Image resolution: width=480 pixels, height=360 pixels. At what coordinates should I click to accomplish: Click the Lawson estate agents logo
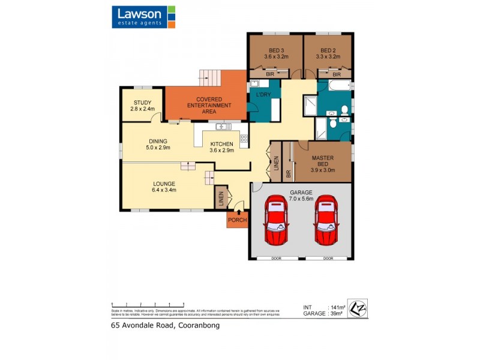tap(143, 17)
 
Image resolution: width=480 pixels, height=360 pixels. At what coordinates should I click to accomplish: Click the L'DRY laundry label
tap(264, 96)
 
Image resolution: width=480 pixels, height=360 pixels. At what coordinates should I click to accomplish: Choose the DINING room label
tap(158, 143)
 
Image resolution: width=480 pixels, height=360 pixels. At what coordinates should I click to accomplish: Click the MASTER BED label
tap(322, 162)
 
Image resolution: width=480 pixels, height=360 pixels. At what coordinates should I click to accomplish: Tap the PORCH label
tap(236, 220)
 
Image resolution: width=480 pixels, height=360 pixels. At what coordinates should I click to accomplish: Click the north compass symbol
tap(357, 308)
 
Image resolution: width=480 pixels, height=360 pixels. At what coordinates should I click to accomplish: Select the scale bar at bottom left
tap(148, 304)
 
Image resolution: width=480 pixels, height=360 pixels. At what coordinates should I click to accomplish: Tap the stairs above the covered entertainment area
tap(211, 77)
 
